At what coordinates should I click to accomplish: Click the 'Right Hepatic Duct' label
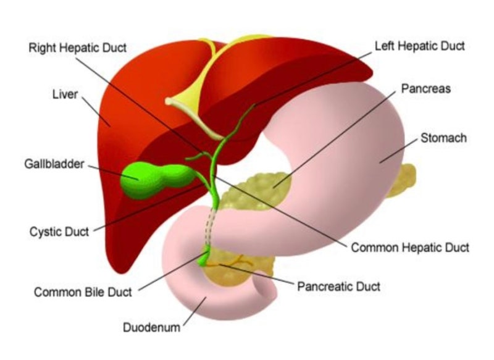[78, 48]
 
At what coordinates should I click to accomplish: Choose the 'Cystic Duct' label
[59, 232]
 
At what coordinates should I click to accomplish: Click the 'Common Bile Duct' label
[83, 292]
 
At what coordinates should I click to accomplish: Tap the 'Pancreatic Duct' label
[338, 287]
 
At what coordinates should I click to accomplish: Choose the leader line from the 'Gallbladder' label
[111, 170]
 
